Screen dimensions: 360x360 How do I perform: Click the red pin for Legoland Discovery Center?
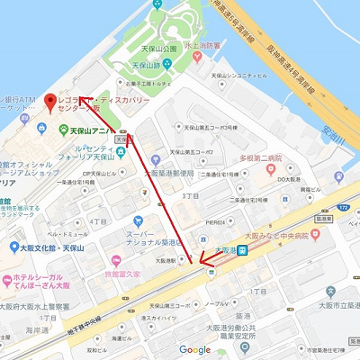(x=50, y=97)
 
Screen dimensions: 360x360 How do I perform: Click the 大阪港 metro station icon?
(x=242, y=251)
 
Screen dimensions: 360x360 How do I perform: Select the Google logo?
(x=194, y=349)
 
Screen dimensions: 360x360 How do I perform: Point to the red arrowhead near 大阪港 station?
(x=203, y=266)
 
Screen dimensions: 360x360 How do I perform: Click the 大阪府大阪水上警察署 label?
(x=35, y=305)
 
